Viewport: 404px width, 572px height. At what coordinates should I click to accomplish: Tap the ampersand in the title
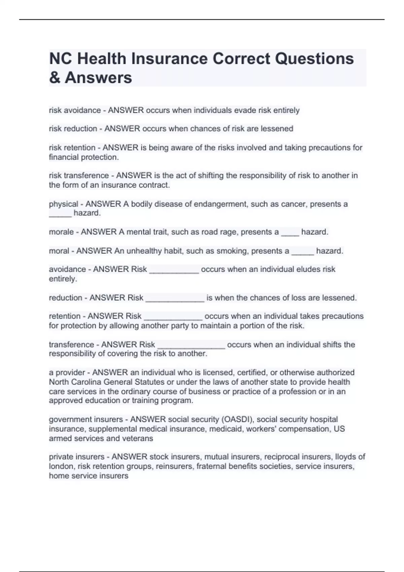tap(54, 78)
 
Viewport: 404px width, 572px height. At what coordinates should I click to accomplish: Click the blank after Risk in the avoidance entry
tap(174, 271)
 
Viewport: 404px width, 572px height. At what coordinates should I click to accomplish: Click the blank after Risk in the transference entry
tap(191, 346)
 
